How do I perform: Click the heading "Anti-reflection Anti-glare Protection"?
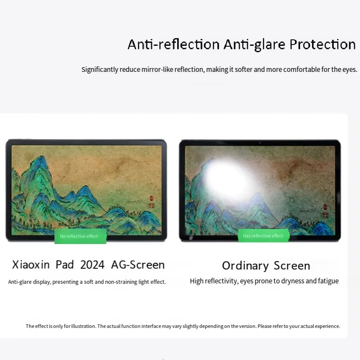point(241,45)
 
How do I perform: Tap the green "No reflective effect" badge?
point(80,236)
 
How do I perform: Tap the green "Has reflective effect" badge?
point(263,236)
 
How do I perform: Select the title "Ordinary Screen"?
point(266,265)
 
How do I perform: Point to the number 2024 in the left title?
point(92,265)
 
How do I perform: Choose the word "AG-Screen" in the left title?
point(138,265)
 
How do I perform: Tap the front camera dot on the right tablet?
point(259,142)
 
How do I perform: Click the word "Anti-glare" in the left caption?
point(18,282)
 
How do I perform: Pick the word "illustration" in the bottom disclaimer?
point(84,326)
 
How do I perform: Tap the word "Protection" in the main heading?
point(322,45)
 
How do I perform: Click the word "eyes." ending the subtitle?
point(349,69)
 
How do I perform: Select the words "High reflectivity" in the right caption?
point(213,281)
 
